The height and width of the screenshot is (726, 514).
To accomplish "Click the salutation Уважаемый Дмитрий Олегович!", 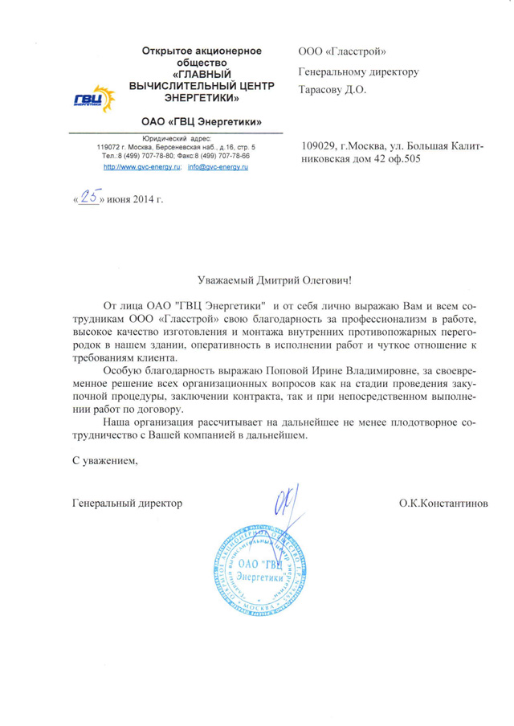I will pos(275,280).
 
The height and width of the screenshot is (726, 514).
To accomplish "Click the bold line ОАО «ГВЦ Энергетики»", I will pos(202,122).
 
